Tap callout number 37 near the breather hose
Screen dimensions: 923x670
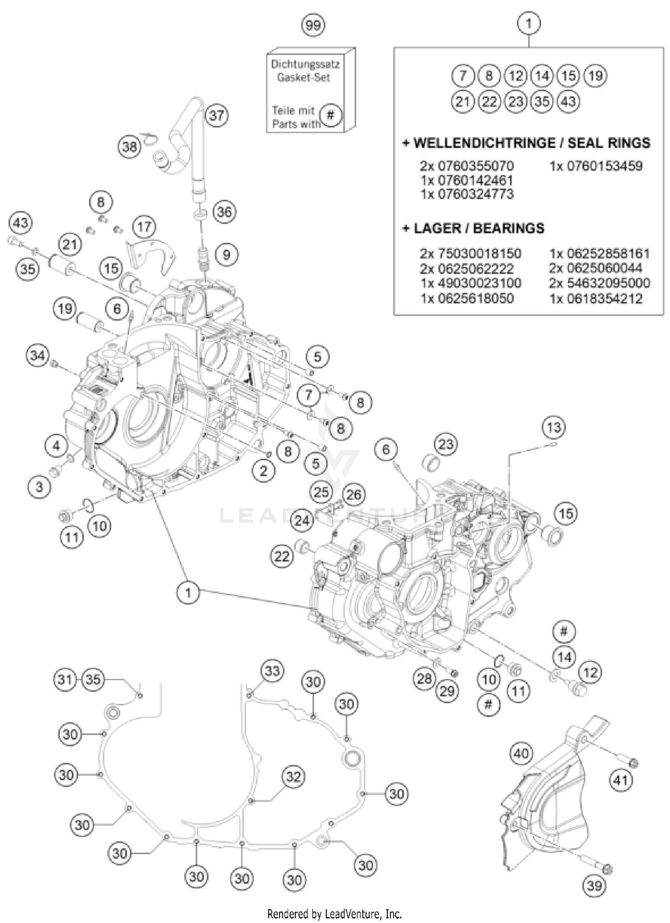(x=217, y=115)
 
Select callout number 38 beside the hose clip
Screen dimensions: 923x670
(x=130, y=146)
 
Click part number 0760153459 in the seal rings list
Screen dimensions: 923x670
(x=596, y=166)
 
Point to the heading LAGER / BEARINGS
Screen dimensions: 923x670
(x=473, y=228)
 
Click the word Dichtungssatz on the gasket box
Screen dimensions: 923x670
(x=305, y=64)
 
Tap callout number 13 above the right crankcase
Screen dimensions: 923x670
(x=553, y=427)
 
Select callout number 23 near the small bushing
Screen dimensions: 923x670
(x=446, y=444)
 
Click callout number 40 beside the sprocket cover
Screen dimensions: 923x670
(x=521, y=754)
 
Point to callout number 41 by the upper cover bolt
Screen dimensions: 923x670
(x=621, y=780)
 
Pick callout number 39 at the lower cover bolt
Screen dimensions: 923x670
(x=595, y=885)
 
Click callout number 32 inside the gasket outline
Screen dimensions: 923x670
(x=293, y=776)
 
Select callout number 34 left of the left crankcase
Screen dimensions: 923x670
(x=38, y=356)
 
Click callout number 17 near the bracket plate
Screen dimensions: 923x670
(x=144, y=227)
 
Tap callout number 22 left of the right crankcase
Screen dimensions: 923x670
(x=282, y=556)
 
